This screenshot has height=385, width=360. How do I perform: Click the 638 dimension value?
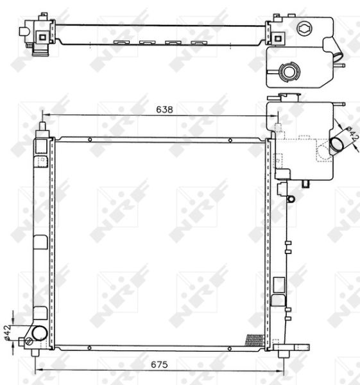tap(164, 110)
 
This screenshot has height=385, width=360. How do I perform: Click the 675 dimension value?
tap(159, 364)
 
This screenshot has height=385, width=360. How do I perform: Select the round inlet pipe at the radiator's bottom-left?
tap(39, 333)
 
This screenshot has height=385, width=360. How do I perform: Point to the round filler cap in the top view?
tap(289, 71)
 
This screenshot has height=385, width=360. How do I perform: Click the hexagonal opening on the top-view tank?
tap(304, 28)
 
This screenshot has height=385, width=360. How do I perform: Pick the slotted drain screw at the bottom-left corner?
tap(29, 341)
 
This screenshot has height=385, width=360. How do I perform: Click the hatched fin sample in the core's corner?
tap(255, 339)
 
